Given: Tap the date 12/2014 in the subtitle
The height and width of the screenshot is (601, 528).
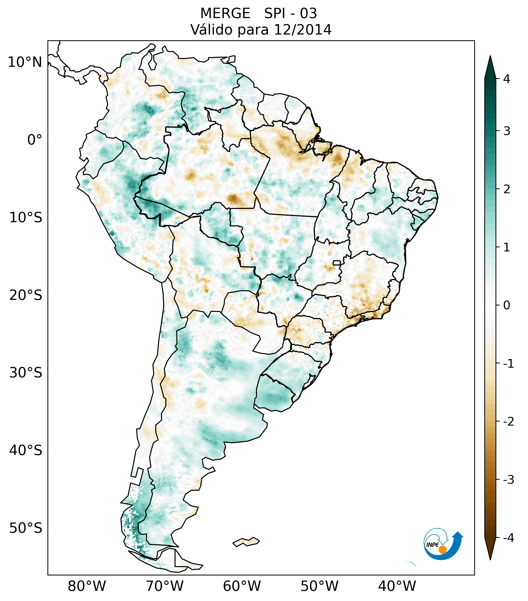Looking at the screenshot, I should pyautogui.click(x=302, y=30).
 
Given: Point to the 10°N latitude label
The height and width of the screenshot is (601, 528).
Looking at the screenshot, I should pyautogui.click(x=25, y=62).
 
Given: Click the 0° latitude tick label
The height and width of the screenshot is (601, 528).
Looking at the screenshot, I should pyautogui.click(x=35, y=140).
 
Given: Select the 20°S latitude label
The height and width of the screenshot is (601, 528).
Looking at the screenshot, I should pyautogui.click(x=26, y=295).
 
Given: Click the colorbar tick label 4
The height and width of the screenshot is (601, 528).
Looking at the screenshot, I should pyautogui.click(x=506, y=79).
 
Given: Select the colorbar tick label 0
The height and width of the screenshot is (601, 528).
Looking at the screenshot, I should pyautogui.click(x=507, y=305).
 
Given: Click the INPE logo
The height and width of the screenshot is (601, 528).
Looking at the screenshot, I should pyautogui.click(x=443, y=543).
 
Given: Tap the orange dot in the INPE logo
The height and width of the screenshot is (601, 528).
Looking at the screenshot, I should pyautogui.click(x=442, y=550).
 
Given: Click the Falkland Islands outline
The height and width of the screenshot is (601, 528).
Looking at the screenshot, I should pyautogui.click(x=246, y=542).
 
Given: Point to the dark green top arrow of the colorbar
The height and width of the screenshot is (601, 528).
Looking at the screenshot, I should pyautogui.click(x=490, y=68).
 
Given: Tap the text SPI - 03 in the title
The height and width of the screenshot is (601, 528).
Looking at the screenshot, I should pyautogui.click(x=290, y=14).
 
